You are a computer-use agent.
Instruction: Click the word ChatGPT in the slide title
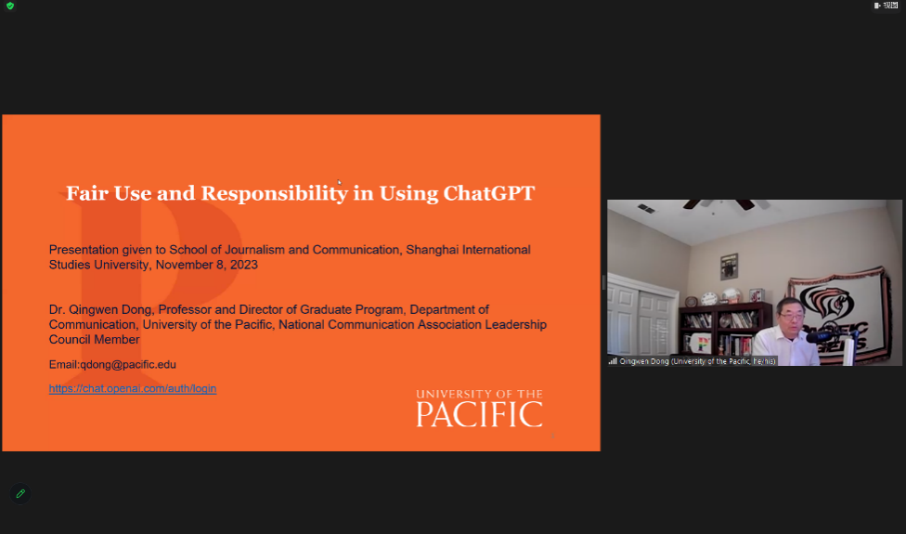[489, 193]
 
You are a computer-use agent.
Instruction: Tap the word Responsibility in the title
[275, 193]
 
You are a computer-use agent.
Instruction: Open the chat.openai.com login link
[133, 388]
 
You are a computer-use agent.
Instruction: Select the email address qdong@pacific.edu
[128, 365]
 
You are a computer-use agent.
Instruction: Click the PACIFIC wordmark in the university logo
[479, 414]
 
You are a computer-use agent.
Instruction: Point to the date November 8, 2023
[206, 265]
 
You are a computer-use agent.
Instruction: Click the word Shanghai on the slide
[430, 250]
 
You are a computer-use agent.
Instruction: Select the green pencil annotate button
[20, 493]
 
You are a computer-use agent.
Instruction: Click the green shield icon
[10, 6]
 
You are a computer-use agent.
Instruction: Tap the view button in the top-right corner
[886, 6]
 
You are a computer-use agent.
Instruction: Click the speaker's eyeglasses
[789, 315]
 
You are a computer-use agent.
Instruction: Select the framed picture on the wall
[730, 266]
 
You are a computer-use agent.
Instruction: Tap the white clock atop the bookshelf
[709, 299]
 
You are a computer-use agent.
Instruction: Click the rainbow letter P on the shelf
[704, 344]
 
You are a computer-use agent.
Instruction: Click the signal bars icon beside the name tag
[613, 361]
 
